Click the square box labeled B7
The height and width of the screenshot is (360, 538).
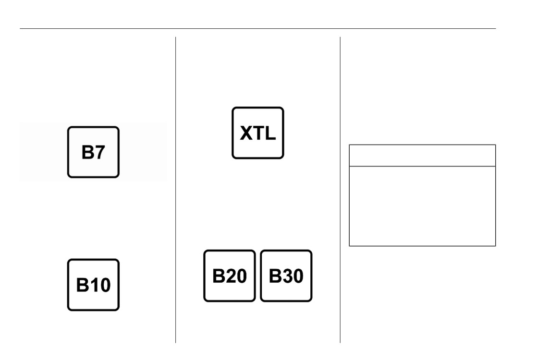(x=93, y=152)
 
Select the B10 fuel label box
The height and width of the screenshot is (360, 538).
(x=93, y=285)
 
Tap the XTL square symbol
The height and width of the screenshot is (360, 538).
(x=257, y=133)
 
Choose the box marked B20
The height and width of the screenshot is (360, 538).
(x=230, y=276)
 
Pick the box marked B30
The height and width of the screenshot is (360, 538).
(x=286, y=276)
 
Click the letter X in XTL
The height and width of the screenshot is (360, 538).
(x=247, y=133)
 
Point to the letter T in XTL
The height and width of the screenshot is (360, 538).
(x=258, y=133)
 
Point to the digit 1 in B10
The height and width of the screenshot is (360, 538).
(x=93, y=285)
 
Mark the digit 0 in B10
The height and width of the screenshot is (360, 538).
(x=105, y=285)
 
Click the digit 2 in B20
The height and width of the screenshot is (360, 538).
(x=230, y=276)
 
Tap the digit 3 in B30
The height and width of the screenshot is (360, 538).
(x=286, y=276)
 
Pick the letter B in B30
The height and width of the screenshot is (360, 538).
(x=274, y=276)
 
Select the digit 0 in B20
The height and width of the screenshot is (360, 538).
(x=241, y=276)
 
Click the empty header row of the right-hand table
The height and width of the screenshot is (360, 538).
(x=422, y=156)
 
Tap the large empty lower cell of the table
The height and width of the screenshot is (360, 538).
(x=422, y=206)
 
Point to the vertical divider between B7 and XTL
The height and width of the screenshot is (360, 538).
(x=176, y=190)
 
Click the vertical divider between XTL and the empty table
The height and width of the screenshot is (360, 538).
(x=341, y=190)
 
